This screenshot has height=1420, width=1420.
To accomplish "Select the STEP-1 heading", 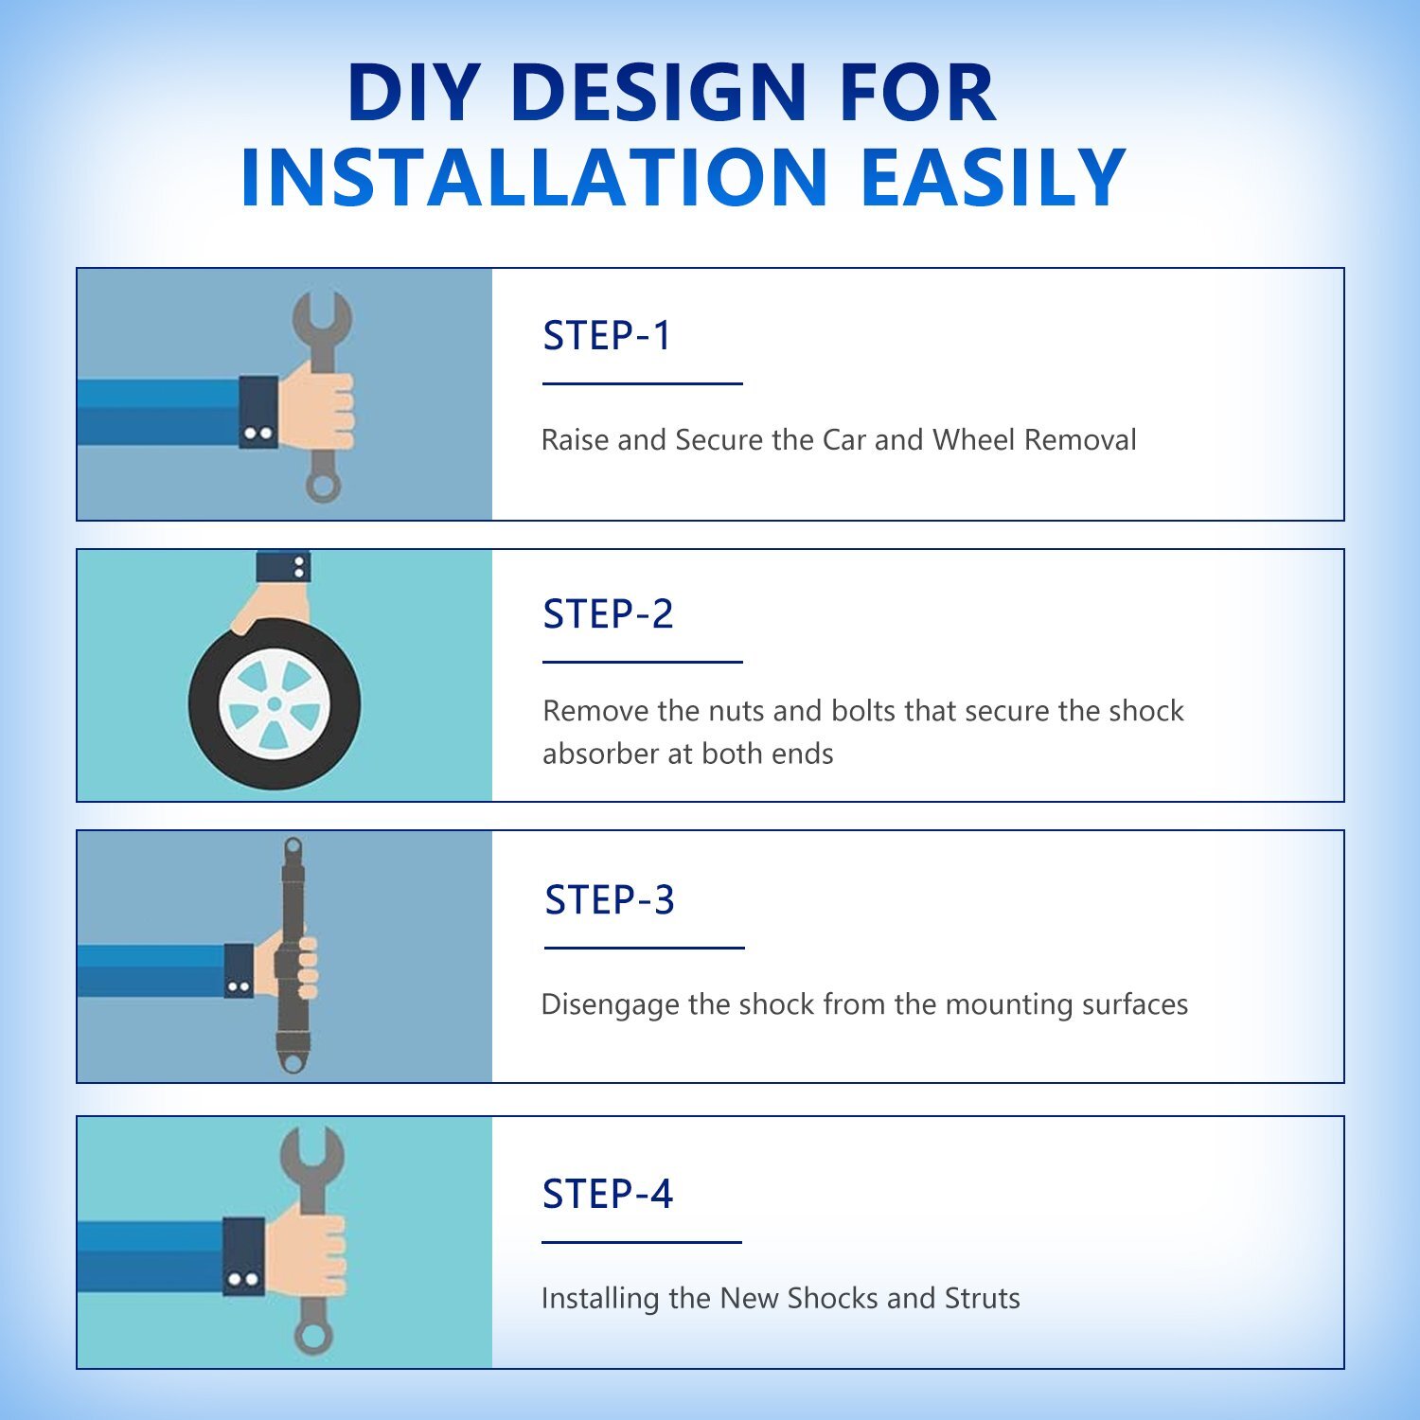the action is point(607,335).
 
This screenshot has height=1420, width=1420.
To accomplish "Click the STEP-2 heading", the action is point(608,613).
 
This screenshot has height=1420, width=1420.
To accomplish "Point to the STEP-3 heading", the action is point(610,899).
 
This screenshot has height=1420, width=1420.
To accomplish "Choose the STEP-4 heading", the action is point(607,1194).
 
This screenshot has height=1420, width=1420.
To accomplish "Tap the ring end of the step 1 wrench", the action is point(323,487).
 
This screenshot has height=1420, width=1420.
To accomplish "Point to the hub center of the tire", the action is point(275,703).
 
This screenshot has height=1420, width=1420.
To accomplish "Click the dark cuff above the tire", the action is point(283,566).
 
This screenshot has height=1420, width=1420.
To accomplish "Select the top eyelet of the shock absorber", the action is point(293,845).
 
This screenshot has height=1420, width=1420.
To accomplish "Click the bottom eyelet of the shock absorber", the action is point(293,1063).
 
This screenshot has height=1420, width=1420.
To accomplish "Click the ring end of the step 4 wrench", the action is point(312,1339).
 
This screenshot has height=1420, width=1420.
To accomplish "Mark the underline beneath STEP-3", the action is point(645,947).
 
